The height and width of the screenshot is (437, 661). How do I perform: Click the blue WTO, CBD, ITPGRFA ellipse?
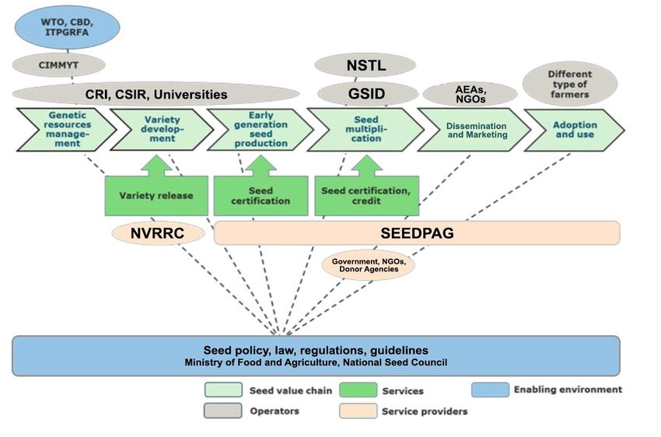(x=67, y=27)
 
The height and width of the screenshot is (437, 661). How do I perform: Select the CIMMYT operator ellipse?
(x=58, y=65)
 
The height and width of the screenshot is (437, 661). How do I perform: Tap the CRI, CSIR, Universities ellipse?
(x=156, y=94)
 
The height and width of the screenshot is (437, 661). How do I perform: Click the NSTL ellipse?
(x=365, y=65)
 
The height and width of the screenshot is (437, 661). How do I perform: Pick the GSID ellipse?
(x=367, y=93)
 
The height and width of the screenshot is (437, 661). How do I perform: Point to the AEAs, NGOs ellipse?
(x=470, y=94)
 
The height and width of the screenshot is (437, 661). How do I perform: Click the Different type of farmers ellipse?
(x=570, y=84)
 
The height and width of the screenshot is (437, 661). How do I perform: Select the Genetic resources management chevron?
(x=67, y=129)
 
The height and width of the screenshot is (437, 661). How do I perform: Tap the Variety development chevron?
(x=162, y=129)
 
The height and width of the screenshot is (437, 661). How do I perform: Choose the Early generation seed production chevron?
(x=261, y=129)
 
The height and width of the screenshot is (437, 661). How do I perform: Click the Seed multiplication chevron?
(x=365, y=129)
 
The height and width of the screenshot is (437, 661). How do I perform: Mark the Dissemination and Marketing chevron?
(x=474, y=130)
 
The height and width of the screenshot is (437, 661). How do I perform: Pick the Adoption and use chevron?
(x=574, y=130)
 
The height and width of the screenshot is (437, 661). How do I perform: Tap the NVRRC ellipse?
(x=158, y=233)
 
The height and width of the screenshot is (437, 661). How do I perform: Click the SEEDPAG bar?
(x=417, y=232)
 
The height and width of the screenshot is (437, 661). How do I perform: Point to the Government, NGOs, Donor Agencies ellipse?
(x=369, y=265)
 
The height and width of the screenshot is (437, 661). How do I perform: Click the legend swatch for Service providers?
(x=358, y=411)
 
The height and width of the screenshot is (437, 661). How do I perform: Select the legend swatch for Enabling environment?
(x=490, y=390)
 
